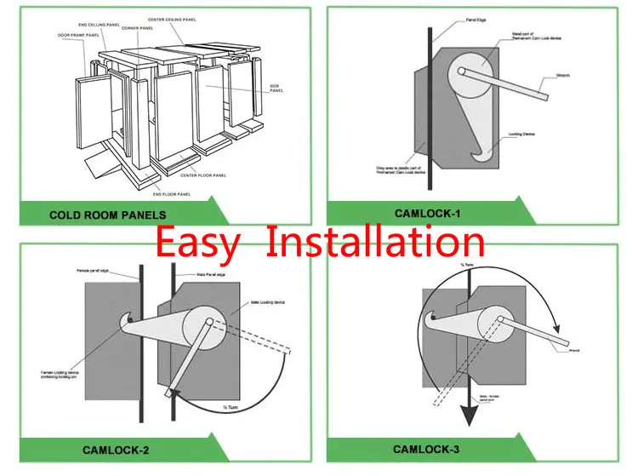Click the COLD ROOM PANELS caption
[107, 215]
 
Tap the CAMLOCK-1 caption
[429, 214]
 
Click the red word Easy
[198, 242]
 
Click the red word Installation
[376, 242]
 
